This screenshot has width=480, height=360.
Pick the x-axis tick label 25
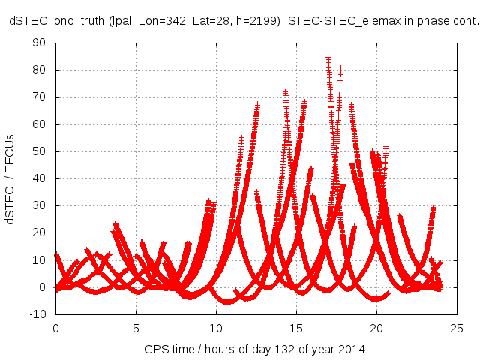[457, 328]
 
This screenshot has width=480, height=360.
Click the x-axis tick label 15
[296, 328]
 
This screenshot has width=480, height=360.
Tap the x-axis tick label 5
[136, 328]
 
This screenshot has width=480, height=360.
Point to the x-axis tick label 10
[216, 328]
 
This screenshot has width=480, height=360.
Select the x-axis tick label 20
[376, 328]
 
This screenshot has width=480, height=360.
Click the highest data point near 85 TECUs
[328, 57]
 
